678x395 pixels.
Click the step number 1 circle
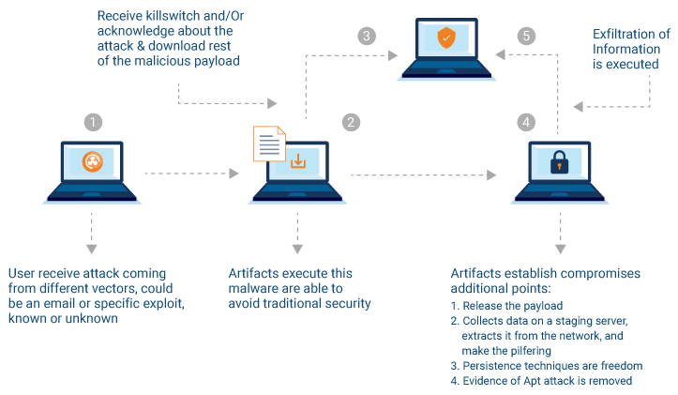tap(92, 122)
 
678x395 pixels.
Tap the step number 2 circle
tap(351, 122)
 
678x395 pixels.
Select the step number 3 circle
tap(368, 37)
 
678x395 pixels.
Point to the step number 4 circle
tap(526, 122)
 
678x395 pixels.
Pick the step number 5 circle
tap(526, 37)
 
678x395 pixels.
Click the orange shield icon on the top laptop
tap(446, 38)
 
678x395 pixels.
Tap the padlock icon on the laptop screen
tap(559, 161)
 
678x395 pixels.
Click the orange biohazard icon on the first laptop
tap(92, 162)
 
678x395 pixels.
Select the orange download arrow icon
tap(298, 161)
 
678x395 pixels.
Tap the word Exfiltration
tap(624, 35)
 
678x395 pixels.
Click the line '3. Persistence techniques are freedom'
tap(546, 364)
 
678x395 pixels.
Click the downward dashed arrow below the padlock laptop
tap(561, 231)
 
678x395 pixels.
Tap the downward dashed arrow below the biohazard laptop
tap(91, 231)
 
